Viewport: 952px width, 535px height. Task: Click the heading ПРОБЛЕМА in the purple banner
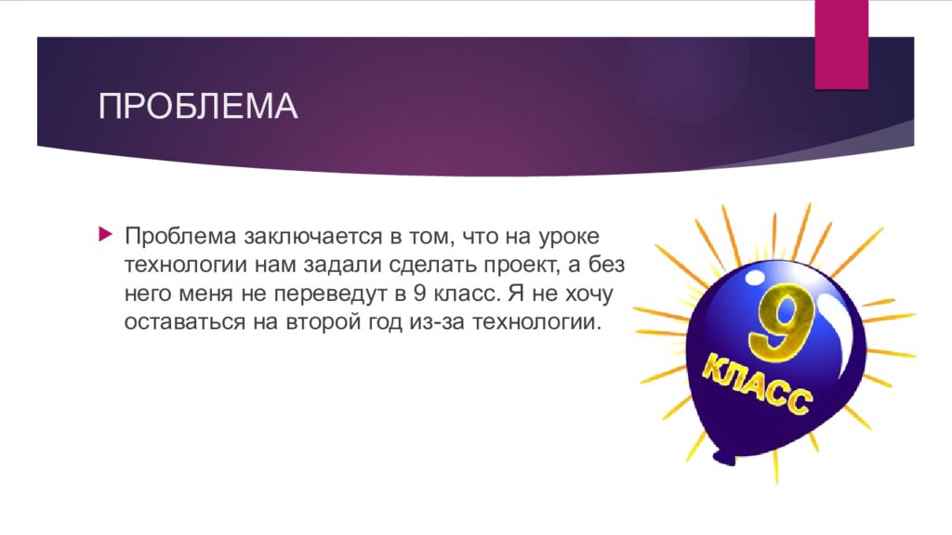coord(198,107)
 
